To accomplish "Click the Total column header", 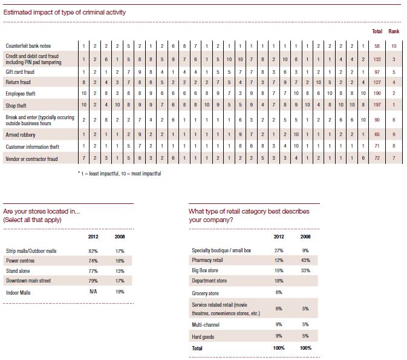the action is [x=377, y=31].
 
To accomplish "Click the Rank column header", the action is [x=394, y=31].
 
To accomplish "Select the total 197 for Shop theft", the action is [x=377, y=105].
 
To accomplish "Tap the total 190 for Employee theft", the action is [x=377, y=93].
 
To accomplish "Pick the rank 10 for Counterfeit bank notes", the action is [x=394, y=46].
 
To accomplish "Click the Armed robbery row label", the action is [x=20, y=135].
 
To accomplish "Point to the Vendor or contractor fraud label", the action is [x=31, y=159].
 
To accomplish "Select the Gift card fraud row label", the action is [x=20, y=72].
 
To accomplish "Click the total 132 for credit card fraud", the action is [x=377, y=59].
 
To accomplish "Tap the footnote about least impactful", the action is [x=119, y=174].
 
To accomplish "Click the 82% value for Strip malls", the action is [x=93, y=251].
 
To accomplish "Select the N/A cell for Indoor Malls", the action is [x=93, y=292].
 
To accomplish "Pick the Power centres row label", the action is [x=20, y=261].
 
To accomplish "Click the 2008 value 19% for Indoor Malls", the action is [x=120, y=292].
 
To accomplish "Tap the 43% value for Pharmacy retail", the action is [x=305, y=260].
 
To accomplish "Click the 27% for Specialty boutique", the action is [x=279, y=250].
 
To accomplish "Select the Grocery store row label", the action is [x=205, y=293].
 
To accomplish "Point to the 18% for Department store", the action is [x=279, y=281].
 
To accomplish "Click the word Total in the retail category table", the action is [x=197, y=349].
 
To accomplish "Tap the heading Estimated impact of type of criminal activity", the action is [x=64, y=12].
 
